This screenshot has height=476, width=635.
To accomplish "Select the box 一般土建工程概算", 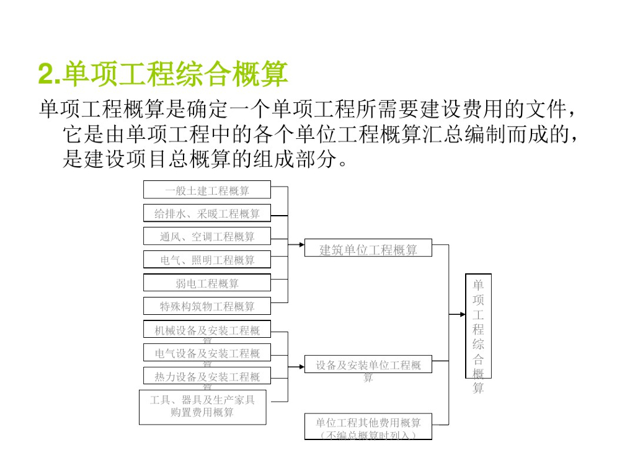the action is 207,190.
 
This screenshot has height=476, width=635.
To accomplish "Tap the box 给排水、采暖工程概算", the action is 207,213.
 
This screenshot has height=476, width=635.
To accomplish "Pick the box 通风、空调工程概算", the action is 207,236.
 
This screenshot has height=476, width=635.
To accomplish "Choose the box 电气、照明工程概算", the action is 207,260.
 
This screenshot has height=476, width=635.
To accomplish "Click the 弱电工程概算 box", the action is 207,283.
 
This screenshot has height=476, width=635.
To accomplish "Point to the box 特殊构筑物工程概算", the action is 207,306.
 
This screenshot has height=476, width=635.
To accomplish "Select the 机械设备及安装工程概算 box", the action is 207,330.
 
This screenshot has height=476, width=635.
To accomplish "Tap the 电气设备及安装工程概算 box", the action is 207,353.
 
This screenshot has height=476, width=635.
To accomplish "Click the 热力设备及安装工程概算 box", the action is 207,376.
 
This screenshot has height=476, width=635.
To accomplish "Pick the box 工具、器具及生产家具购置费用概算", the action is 202,407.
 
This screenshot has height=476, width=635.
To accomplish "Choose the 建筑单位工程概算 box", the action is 368,250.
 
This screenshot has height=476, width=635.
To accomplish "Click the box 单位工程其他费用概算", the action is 368,426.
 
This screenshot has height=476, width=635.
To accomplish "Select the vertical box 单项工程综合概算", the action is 478,326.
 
